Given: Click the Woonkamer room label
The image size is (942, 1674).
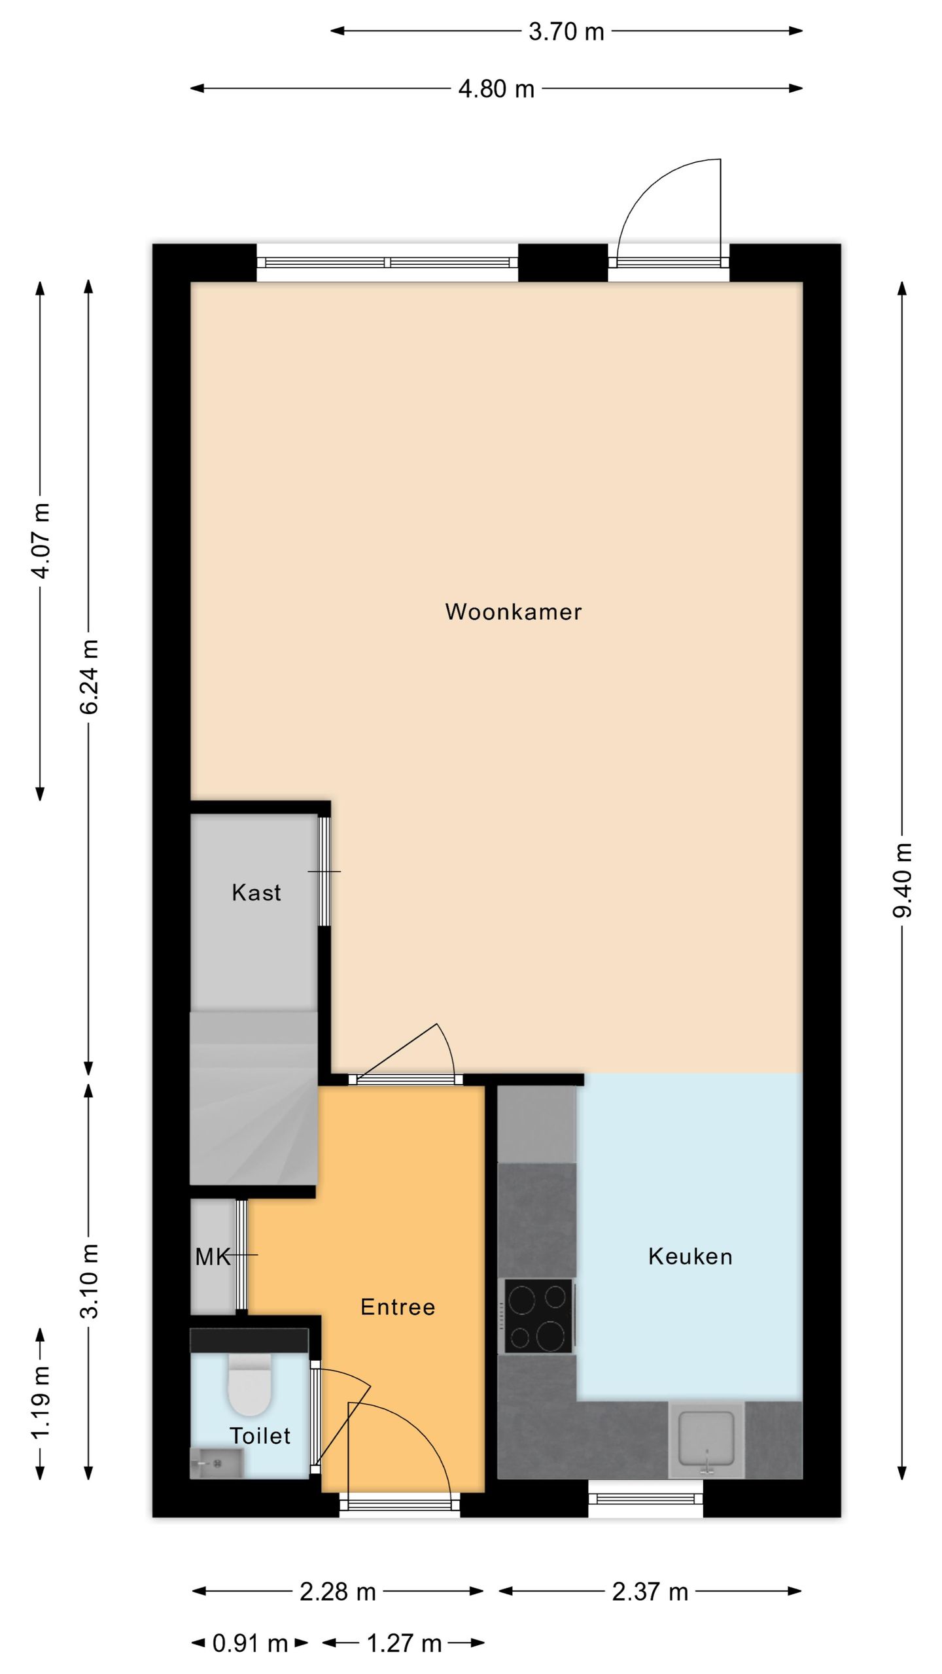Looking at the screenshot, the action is [x=514, y=612].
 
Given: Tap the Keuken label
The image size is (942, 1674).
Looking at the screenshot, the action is [x=690, y=1256].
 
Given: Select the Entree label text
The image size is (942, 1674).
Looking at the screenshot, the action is [x=398, y=1307].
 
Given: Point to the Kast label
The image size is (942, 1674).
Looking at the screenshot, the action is [x=256, y=893].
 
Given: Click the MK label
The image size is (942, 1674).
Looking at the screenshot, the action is [x=213, y=1256].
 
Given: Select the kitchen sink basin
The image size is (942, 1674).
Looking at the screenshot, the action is [x=706, y=1438].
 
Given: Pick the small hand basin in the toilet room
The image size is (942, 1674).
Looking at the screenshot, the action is [x=217, y=1462].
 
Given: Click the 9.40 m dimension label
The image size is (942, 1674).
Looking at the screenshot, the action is [x=902, y=880].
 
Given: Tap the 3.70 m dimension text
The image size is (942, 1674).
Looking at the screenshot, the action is [x=566, y=31].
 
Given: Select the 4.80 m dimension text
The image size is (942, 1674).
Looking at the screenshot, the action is [x=496, y=88].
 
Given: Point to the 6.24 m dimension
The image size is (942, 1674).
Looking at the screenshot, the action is [x=89, y=676].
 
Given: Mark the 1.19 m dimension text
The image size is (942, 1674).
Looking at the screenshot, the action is [x=41, y=1402].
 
